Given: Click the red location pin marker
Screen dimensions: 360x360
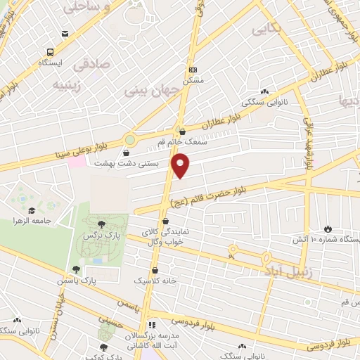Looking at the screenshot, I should coord(181,165).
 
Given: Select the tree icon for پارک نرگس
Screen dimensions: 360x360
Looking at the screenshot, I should coord(103,224).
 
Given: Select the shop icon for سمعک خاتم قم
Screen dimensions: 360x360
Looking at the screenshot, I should coord(182,131).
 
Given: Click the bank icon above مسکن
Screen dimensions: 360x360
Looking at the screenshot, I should coord(193,70).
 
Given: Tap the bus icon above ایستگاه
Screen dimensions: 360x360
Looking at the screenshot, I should coord(50,52).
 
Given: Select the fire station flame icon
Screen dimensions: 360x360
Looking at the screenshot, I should coord(326,228).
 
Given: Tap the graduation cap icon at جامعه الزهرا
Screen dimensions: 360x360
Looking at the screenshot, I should coord(30,210).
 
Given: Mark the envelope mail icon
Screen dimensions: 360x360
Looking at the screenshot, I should coord(65,34).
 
